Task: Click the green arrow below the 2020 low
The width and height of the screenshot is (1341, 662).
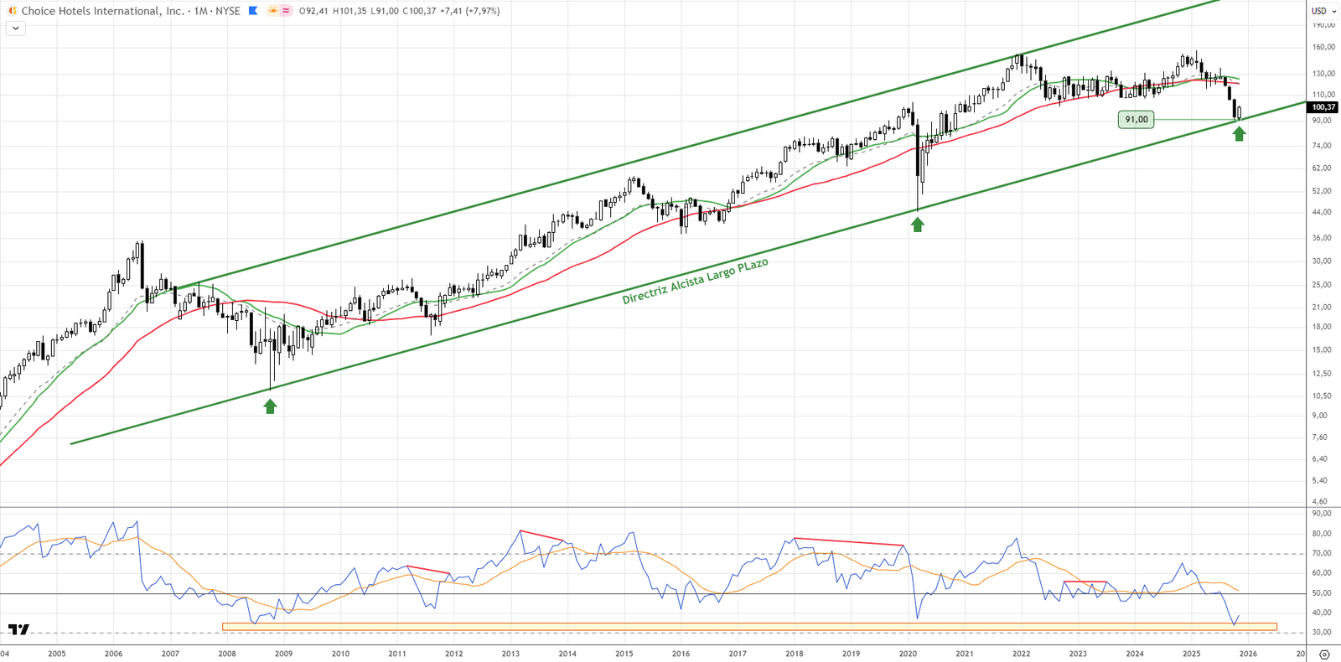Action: pyautogui.click(x=918, y=225)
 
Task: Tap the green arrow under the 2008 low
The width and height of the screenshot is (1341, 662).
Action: pyautogui.click(x=270, y=406)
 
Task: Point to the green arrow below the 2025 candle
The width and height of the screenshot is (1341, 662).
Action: pyautogui.click(x=1239, y=133)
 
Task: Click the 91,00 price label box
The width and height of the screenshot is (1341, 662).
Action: pyautogui.click(x=1136, y=120)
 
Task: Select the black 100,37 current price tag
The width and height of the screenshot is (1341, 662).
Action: pyautogui.click(x=1323, y=107)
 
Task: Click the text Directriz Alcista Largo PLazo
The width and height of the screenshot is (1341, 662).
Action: pyautogui.click(x=695, y=282)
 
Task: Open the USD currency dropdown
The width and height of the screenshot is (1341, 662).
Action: pyautogui.click(x=1323, y=11)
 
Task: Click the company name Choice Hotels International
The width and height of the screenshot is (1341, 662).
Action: pyautogui.click(x=102, y=11)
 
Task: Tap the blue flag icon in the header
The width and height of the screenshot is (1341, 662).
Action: pyautogui.click(x=253, y=11)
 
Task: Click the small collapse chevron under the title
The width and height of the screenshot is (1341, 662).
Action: pyautogui.click(x=15, y=28)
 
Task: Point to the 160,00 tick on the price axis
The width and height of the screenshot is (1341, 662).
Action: pyautogui.click(x=1323, y=48)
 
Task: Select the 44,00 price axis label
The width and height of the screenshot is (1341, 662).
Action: pyautogui.click(x=1322, y=213)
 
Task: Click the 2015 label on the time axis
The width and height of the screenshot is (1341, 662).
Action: pyautogui.click(x=624, y=654)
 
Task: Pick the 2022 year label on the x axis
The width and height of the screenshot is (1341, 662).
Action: pyautogui.click(x=1021, y=654)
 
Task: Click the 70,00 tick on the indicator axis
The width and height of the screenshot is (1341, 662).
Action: pyautogui.click(x=1322, y=554)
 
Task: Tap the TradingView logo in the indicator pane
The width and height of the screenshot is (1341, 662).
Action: pyautogui.click(x=18, y=629)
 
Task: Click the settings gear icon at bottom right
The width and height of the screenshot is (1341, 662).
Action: pyautogui.click(x=1324, y=654)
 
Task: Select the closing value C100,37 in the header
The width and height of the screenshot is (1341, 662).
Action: pyautogui.click(x=419, y=11)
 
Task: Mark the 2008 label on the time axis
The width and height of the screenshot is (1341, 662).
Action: pyautogui.click(x=227, y=654)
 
